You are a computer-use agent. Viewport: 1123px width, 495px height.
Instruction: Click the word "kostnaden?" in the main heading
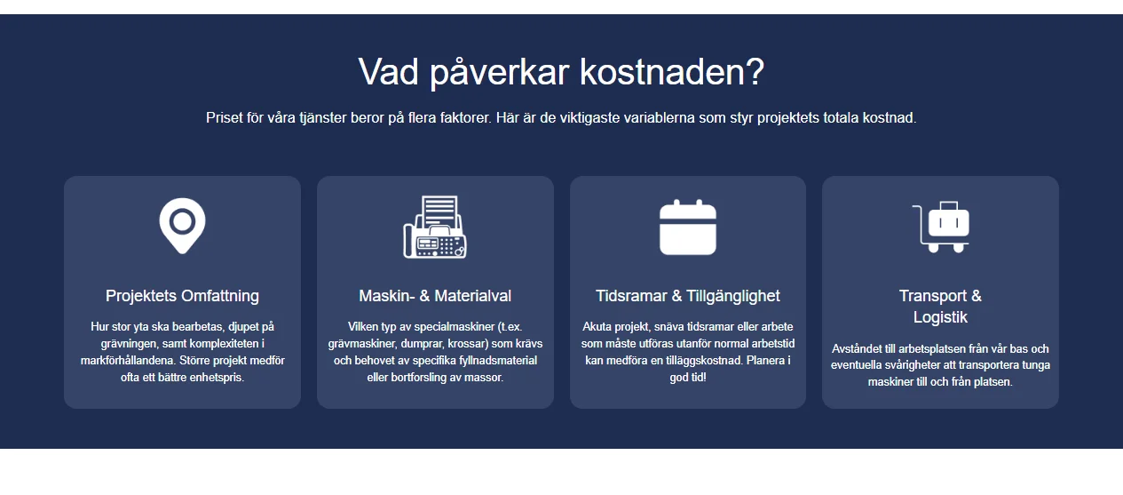pyautogui.click(x=672, y=71)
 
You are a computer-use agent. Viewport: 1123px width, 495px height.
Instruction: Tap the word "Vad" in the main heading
pyautogui.click(x=388, y=71)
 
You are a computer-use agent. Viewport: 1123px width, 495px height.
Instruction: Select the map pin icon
pyautogui.click(x=182, y=226)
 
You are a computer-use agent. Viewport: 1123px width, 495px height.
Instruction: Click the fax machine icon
pyautogui.click(x=435, y=227)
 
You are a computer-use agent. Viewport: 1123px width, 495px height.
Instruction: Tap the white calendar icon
pyautogui.click(x=688, y=227)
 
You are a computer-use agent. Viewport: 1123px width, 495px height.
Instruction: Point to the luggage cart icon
pyautogui.click(x=940, y=227)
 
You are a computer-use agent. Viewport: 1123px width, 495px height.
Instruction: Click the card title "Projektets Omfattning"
pyautogui.click(x=182, y=296)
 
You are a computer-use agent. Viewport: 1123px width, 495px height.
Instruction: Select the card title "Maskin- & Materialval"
pyautogui.click(x=435, y=296)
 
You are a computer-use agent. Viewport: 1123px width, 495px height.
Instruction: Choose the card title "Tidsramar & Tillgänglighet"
pyautogui.click(x=688, y=296)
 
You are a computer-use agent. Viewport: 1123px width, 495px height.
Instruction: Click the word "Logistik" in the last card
pyautogui.click(x=940, y=317)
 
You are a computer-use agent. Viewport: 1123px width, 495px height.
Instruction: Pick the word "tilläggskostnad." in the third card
pyautogui.click(x=699, y=361)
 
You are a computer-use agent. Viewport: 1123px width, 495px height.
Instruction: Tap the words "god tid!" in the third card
pyautogui.click(x=688, y=378)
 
